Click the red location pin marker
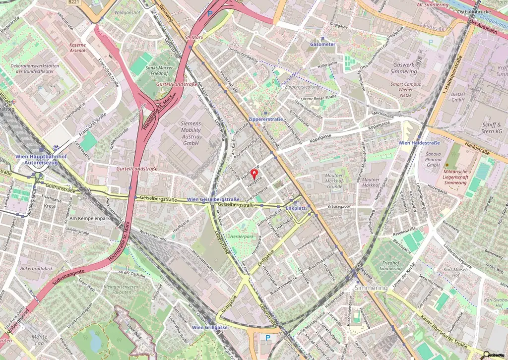click(x=255, y=174)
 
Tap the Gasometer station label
click(x=322, y=44)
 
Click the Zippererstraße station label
click(x=265, y=120)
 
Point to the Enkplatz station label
click(x=296, y=209)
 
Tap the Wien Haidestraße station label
click(x=420, y=143)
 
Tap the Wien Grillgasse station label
click(x=210, y=327)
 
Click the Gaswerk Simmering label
click(x=404, y=68)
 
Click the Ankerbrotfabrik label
click(x=37, y=269)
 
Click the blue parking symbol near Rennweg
click(x=210, y=14)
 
